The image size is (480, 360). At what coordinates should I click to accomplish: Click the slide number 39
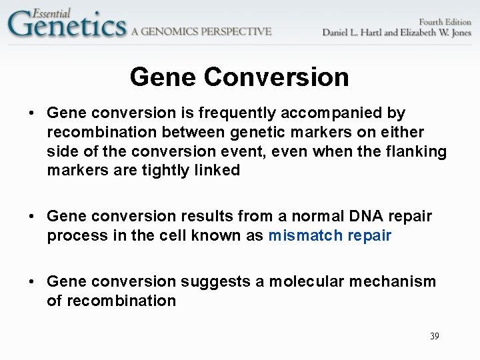coord(435,336)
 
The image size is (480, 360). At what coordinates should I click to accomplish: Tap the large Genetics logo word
coord(67,26)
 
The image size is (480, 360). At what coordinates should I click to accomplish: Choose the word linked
coord(217,170)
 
